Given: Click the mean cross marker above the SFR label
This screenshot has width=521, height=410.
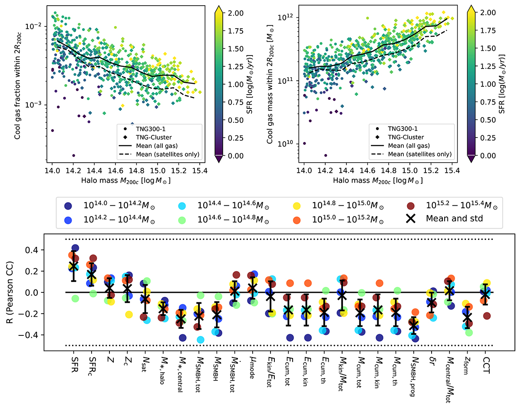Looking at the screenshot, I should pos(73,266).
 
